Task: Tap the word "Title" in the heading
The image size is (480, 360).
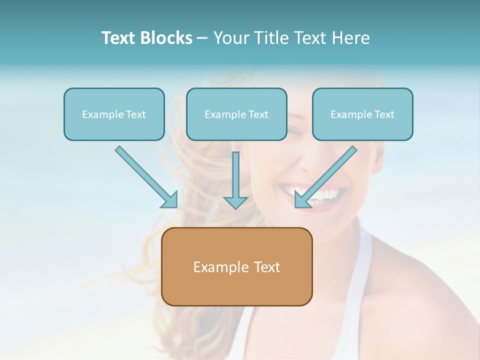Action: point(272,38)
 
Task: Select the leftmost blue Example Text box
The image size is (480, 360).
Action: point(114,114)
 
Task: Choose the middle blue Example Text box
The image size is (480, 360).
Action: point(236,114)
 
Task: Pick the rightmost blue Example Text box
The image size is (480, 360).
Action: point(362,114)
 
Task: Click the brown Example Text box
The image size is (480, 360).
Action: point(236,267)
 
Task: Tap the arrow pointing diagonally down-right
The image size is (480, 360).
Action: point(145,175)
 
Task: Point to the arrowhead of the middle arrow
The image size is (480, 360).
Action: point(235,202)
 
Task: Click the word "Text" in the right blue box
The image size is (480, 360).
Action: point(384,114)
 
